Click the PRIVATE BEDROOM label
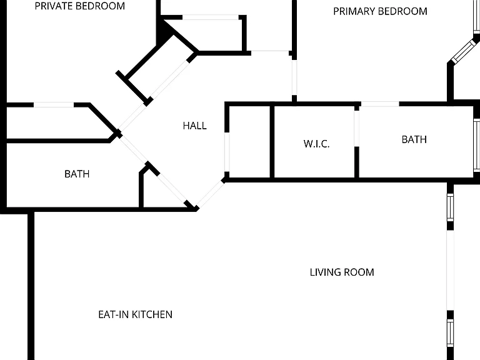point(79,6)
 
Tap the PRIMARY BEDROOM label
point(380,11)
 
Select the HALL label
point(195,126)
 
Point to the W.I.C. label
point(316,144)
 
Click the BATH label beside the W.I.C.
point(414,139)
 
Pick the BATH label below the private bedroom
point(77,174)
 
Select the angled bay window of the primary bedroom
point(464,51)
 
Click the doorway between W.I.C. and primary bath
point(357,128)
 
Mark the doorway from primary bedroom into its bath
point(380,104)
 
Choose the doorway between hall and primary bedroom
point(294,77)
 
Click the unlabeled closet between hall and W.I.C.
point(249,141)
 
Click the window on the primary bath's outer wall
point(477,145)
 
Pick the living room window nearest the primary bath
point(450,208)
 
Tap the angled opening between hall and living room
point(210,194)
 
